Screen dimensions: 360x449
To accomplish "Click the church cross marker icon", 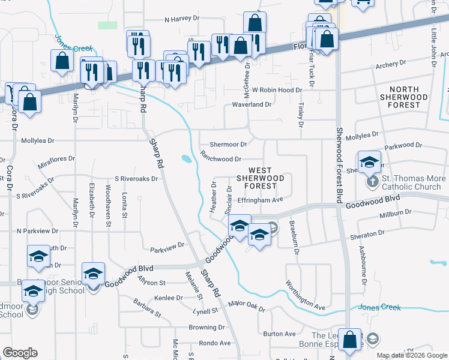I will (372, 181).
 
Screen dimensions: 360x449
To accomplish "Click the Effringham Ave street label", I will (260, 200).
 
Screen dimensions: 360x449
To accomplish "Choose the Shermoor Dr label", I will (228, 145).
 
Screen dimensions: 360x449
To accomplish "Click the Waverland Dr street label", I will (252, 104).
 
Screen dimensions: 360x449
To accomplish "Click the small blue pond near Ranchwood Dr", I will (186, 159).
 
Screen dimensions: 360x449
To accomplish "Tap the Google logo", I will (20, 353).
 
